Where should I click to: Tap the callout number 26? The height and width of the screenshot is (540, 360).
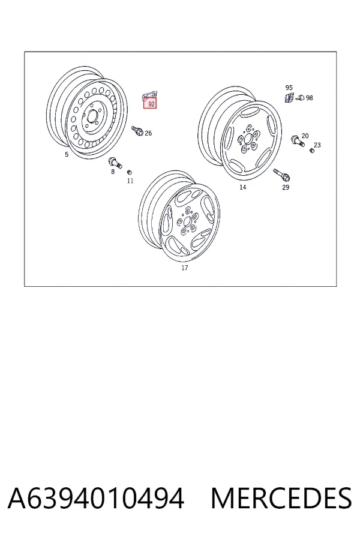point(148,133)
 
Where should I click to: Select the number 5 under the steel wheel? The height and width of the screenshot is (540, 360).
point(67,154)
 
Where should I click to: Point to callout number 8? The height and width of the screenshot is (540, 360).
point(113,171)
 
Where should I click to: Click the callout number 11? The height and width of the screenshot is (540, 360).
point(130,181)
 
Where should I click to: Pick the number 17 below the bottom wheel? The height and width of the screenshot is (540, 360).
point(185,268)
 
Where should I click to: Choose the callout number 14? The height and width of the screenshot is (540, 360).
point(243,187)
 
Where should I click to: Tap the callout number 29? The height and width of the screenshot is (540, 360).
point(286,187)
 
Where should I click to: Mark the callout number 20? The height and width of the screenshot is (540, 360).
point(305,136)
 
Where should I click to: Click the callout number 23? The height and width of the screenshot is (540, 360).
point(317,145)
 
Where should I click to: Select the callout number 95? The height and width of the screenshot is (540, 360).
point(289,88)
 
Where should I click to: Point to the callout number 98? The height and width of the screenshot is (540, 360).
point(310,98)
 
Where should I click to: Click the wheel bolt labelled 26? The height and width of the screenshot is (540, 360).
point(137,131)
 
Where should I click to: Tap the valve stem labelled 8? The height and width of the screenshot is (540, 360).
point(115,162)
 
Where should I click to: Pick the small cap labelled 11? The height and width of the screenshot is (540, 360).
point(130,172)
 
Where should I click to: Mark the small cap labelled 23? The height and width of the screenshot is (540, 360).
point(312,151)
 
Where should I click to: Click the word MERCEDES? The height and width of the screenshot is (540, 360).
point(281,498)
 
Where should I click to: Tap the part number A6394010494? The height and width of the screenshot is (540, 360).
point(96,498)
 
